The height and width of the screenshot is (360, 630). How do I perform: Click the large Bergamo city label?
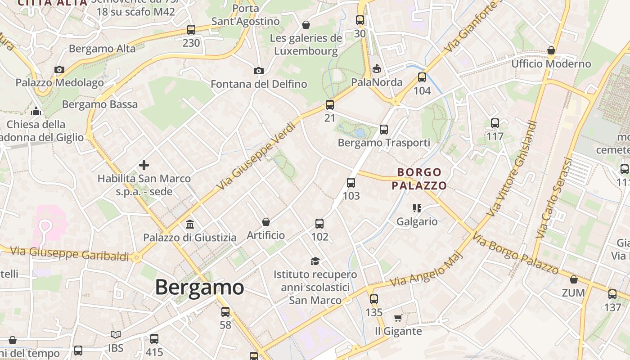pyautogui.click(x=199, y=287)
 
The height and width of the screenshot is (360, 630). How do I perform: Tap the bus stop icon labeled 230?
pyautogui.click(x=191, y=30)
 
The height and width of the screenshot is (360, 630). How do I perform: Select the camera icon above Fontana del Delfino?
pyautogui.click(x=258, y=71)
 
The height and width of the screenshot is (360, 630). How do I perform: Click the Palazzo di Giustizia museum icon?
pyautogui.click(x=190, y=224)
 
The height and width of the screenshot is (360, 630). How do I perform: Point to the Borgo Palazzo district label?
pyautogui.click(x=419, y=179)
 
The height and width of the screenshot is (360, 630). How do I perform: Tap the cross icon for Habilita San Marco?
pyautogui.click(x=144, y=165)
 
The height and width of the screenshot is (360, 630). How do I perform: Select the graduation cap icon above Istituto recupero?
pyautogui.click(x=315, y=261)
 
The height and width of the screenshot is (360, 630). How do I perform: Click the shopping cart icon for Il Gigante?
pyautogui.click(x=398, y=318)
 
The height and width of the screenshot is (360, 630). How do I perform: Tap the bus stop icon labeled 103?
pyautogui.click(x=351, y=183)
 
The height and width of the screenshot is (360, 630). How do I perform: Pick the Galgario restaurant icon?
pyautogui.click(x=417, y=208)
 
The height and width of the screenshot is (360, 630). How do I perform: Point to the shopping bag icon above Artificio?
pyautogui.click(x=266, y=222)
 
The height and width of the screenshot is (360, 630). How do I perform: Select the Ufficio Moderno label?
pyautogui.click(x=551, y=63)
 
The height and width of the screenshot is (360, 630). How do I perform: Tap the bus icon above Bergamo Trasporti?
pyautogui.click(x=383, y=130)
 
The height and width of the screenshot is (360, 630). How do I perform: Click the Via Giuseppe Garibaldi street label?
pyautogui.click(x=69, y=253)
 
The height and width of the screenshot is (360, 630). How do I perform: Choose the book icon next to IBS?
pyautogui.click(x=116, y=334)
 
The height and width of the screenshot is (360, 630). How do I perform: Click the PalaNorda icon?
pyautogui.click(x=377, y=69)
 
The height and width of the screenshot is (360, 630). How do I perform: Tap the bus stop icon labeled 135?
pyautogui.click(x=373, y=299)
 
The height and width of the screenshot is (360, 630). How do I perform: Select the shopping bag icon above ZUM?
pyautogui.click(x=574, y=279)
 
